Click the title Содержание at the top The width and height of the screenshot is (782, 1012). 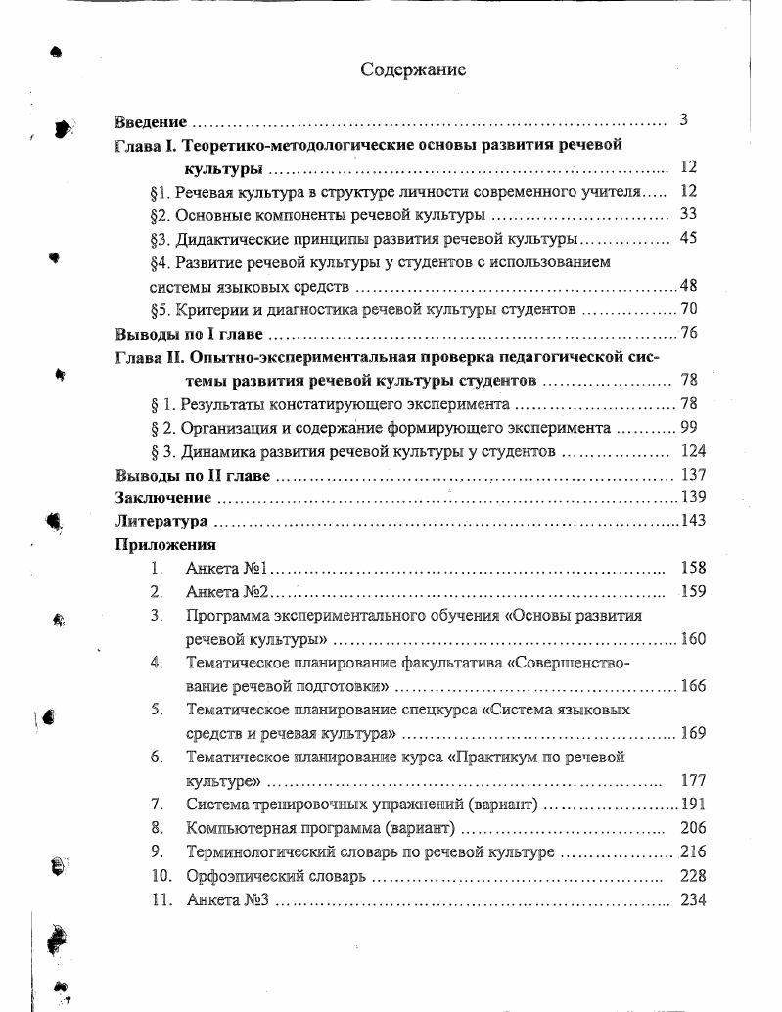pyautogui.click(x=413, y=69)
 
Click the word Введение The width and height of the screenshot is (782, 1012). pyautogui.click(x=150, y=122)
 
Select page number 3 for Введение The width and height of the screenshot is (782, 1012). pyautogui.click(x=684, y=120)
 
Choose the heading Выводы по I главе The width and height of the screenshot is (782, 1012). pyautogui.click(x=176, y=334)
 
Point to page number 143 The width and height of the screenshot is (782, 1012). pyautogui.click(x=692, y=520)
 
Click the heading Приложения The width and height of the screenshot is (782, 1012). pyautogui.click(x=165, y=545)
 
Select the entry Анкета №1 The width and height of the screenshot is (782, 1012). pyautogui.click(x=220, y=568)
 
